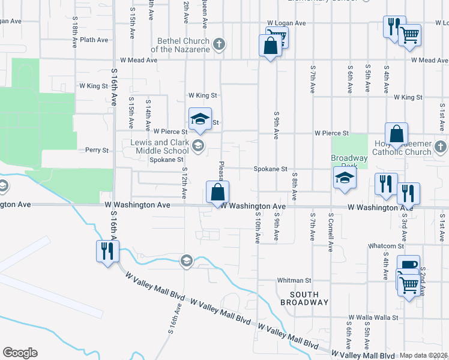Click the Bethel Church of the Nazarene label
180,45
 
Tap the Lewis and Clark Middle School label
160,146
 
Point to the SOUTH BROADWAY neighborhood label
309,298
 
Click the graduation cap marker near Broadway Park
345,178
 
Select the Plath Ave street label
94,40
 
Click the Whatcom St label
387,246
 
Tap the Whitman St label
294,280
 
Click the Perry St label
97,150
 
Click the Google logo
20,353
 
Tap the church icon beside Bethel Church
220,44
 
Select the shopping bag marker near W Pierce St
397,134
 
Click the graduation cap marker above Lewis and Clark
200,118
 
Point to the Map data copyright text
423,355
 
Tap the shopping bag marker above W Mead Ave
270,46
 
